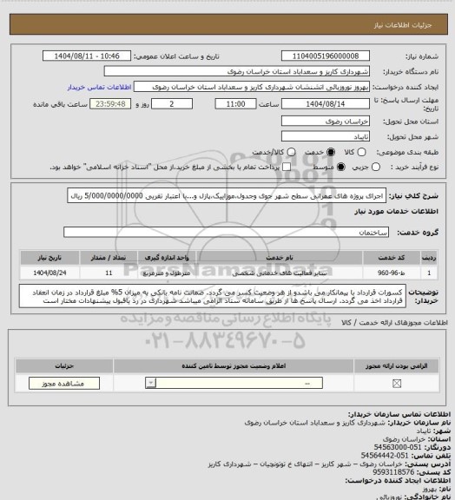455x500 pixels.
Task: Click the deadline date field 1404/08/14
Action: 325,104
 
